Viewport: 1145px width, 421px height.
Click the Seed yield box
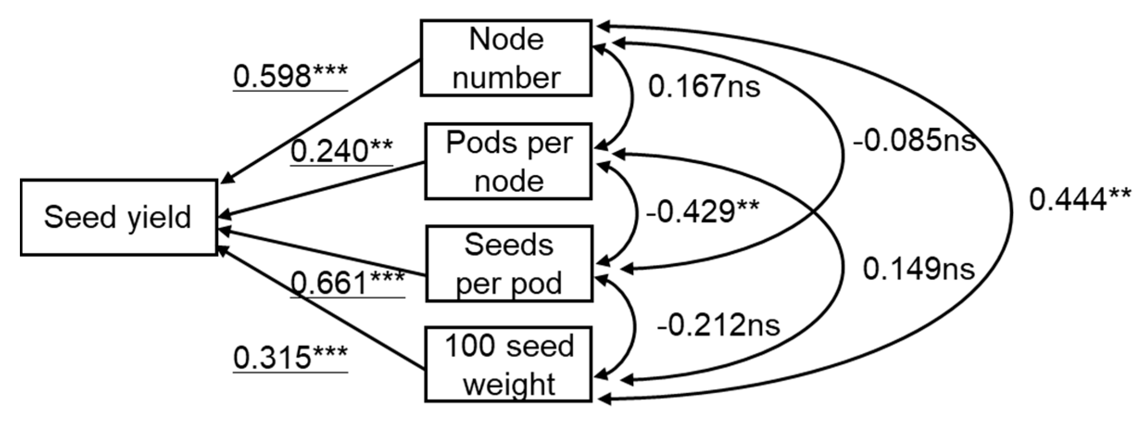click(118, 217)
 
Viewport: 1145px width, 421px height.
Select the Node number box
click(506, 58)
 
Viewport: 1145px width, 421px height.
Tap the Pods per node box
click(508, 161)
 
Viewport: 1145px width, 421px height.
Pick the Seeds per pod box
click(509, 264)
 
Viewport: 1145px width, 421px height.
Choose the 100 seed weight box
click(508, 364)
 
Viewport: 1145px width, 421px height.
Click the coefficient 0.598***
click(290, 75)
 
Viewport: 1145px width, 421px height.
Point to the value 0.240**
click(341, 151)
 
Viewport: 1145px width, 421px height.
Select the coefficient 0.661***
click(347, 283)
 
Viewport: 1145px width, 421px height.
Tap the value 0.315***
click(290, 358)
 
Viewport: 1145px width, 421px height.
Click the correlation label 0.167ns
click(704, 86)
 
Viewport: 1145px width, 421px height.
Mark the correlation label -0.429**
click(702, 212)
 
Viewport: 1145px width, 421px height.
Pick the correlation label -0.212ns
click(718, 325)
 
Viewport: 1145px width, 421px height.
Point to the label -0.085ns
click(914, 140)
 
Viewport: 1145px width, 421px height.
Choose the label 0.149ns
click(918, 269)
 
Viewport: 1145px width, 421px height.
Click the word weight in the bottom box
click(509, 384)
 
